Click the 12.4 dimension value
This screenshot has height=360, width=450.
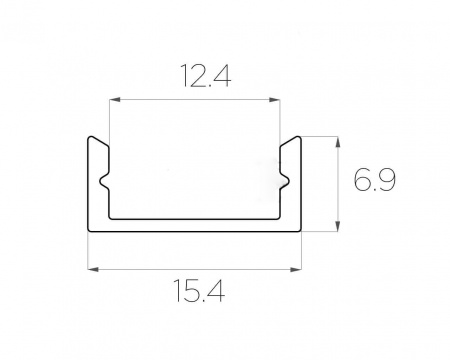[x=206, y=75]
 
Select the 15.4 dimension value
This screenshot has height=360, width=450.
[x=199, y=291]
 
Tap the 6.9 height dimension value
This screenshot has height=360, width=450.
[x=375, y=180]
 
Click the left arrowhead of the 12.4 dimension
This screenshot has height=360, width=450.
[x=115, y=99]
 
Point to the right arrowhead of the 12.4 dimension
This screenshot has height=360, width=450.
[x=275, y=99]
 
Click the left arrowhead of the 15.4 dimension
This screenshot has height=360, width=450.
[x=93, y=269]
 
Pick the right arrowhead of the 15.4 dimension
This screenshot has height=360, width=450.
[x=296, y=269]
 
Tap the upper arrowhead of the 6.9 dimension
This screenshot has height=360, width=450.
[x=338, y=142]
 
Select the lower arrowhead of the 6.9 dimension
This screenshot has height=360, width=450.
[x=338, y=226]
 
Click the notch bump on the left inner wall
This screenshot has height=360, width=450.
[x=104, y=182]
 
